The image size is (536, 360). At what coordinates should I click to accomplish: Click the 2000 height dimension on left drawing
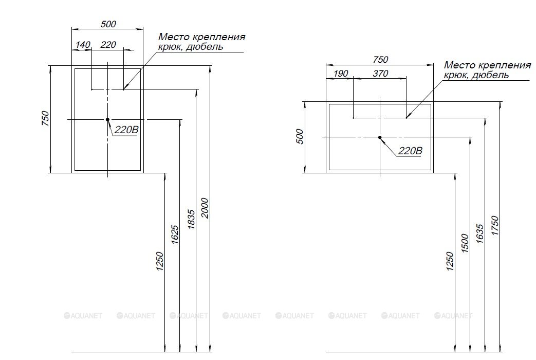pos(206,208)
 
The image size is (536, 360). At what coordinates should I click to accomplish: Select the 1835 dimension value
pos(191,220)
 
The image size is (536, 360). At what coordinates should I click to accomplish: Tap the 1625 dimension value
pos(175,235)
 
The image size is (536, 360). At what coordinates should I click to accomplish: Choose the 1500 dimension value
pos(465,243)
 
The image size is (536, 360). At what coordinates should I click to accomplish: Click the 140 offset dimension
pos(83,45)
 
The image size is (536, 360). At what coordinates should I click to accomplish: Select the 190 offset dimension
pos(341,74)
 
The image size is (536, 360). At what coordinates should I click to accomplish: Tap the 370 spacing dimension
pos(380,74)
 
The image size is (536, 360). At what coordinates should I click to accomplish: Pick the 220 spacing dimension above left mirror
pos(108,45)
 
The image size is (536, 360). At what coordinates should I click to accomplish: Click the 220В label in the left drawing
pos(126,130)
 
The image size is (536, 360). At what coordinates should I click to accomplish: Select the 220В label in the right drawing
pos(410,151)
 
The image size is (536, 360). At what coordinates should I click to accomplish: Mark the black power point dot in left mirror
pos(107,119)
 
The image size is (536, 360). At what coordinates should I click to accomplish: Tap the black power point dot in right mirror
pos(380,137)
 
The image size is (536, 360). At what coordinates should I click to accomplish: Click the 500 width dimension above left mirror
pos(109,24)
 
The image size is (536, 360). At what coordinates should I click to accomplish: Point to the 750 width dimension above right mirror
pos(381,60)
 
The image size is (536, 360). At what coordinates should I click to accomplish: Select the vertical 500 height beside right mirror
pos(300,136)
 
